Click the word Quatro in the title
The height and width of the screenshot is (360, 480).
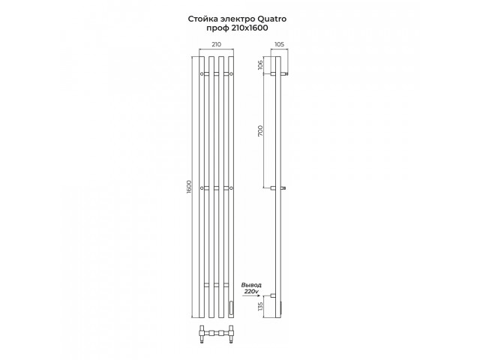click(272, 19)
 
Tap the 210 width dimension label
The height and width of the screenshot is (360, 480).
click(217, 44)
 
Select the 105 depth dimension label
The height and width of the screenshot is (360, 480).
click(279, 44)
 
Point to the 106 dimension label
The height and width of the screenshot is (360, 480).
click(260, 65)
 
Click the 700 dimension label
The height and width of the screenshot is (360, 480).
click(260, 130)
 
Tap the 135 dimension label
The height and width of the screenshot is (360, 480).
click(260, 306)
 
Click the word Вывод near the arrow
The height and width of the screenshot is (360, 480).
click(251, 285)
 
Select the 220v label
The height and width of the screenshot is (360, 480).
click(251, 291)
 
